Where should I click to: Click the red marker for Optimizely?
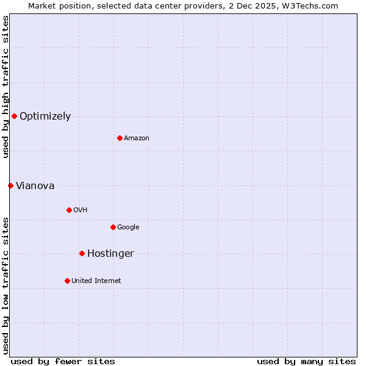coord(14,116)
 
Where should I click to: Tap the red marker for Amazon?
coord(120,138)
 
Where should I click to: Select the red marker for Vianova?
coord(10,185)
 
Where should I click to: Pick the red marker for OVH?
coord(69,210)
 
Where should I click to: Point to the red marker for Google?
coord(113,227)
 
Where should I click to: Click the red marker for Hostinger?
coord(82,253)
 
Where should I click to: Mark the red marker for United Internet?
coord(67,281)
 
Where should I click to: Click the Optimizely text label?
coord(45,117)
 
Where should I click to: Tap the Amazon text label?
coord(137,138)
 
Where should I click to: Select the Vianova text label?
coord(35,186)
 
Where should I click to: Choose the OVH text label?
coord(81,210)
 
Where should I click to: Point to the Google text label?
coord(128,228)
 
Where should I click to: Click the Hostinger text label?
coord(110,254)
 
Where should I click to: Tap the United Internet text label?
coord(96,281)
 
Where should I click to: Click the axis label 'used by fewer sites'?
coord(63,361)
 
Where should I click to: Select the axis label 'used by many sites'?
coord(306,361)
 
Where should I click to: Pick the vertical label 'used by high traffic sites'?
coord(5,87)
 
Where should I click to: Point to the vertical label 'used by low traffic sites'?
coord(5,285)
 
